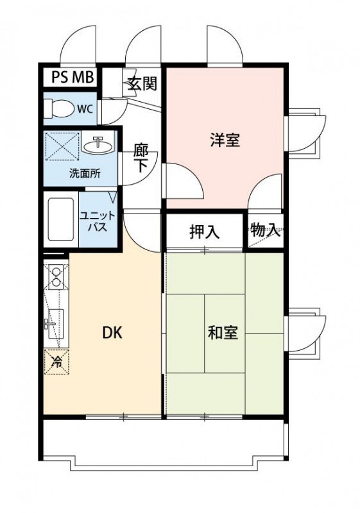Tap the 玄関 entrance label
click(142, 83)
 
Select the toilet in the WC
click(60, 108)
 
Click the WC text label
click(85, 109)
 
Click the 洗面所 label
click(85, 174)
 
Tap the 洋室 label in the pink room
click(225, 140)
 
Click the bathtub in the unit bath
click(62, 219)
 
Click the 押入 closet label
click(204, 232)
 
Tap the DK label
click(112, 333)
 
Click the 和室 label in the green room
click(223, 333)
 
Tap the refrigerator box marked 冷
click(56, 360)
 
